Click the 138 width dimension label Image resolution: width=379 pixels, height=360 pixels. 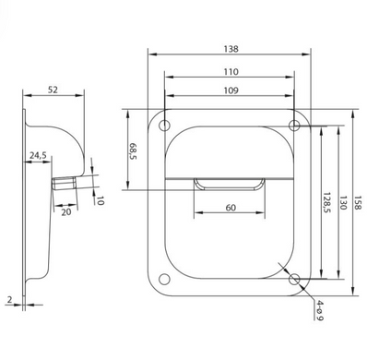[x=231, y=49]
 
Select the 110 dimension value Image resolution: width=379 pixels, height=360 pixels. [x=231, y=72]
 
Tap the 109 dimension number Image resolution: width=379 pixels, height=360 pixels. [x=231, y=90]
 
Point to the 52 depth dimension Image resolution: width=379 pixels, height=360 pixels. [x=53, y=90]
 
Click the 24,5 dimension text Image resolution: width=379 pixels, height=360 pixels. [x=38, y=156]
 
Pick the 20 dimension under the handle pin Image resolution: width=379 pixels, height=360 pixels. [x=66, y=212]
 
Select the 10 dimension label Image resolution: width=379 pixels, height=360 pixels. [x=100, y=200]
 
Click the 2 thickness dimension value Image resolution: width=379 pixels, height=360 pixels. [x=9, y=299]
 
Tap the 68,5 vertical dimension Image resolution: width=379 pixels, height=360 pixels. [x=133, y=150]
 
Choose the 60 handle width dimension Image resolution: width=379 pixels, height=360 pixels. [x=231, y=208]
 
